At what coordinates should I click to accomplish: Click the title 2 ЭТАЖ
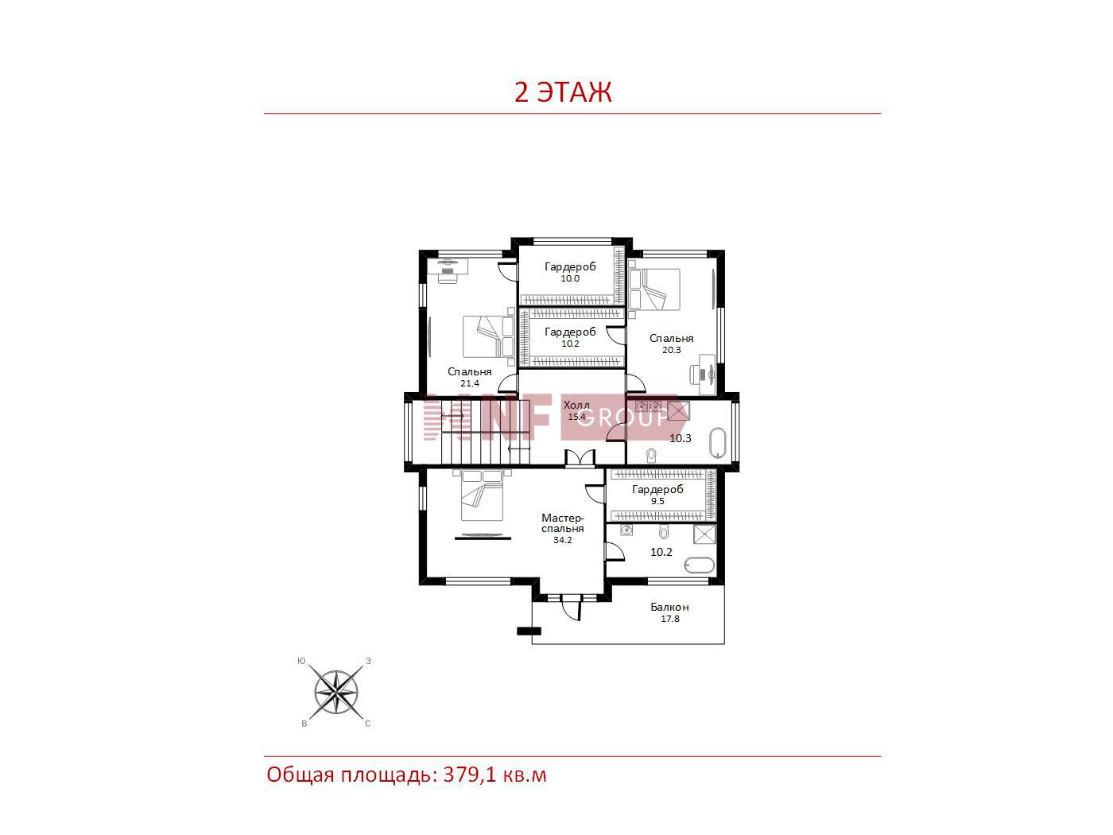tap(563, 92)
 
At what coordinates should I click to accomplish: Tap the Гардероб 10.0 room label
tap(570, 272)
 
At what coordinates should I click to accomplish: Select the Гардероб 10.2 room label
tap(570, 337)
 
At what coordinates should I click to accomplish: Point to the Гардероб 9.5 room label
tap(657, 495)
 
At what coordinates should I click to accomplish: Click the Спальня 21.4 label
tap(470, 377)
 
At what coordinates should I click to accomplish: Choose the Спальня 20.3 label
tap(671, 344)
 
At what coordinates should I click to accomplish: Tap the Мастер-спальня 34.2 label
tap(562, 529)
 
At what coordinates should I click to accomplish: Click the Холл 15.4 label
tap(576, 410)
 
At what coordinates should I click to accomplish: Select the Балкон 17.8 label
tap(669, 612)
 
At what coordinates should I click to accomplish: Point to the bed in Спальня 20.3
tap(654, 289)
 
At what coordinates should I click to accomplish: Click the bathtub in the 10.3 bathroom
tap(718, 444)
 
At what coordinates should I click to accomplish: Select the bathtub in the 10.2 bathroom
tap(700, 565)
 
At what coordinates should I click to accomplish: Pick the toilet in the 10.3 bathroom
tap(652, 455)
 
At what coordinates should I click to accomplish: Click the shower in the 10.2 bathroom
tap(704, 534)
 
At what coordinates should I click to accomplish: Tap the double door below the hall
tap(580, 458)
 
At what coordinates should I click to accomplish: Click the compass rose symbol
tap(335, 692)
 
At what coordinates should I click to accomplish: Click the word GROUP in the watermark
tap(622, 417)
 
